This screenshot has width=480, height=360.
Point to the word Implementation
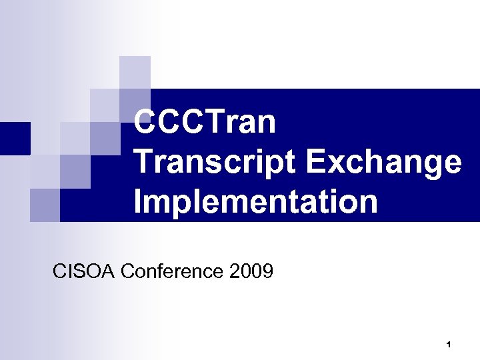(x=255, y=201)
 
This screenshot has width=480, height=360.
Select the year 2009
(x=251, y=272)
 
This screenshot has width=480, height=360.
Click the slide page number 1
(x=449, y=345)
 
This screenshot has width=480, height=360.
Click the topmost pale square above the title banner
(x=135, y=72)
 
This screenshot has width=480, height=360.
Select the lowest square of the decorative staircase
(x=45, y=205)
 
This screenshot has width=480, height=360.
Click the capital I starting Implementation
(x=138, y=201)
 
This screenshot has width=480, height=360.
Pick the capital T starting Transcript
(x=145, y=162)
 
